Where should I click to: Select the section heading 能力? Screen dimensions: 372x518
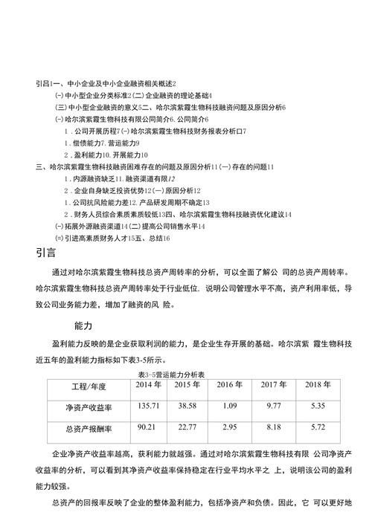pos(83,325)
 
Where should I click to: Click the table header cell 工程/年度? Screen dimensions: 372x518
pos(89,386)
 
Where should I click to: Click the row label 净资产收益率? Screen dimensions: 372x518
pos(89,407)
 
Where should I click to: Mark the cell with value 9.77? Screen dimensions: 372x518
pos(273,406)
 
